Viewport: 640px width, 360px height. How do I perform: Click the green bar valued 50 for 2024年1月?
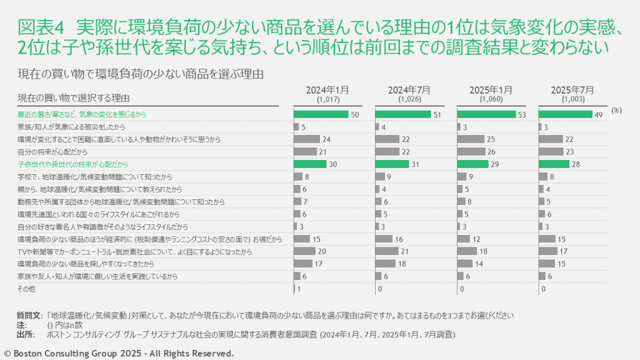point(321,114)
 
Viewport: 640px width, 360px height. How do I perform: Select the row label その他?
point(26,289)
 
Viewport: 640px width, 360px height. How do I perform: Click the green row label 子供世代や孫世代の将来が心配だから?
point(72,164)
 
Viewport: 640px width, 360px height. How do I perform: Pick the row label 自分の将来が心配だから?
point(52,152)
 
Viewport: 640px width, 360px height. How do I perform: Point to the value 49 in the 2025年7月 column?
point(599,115)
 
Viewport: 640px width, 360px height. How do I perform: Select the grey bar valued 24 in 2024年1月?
point(307,139)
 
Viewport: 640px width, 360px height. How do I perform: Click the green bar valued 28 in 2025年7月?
point(554,164)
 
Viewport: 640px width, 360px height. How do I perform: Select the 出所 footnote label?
point(25,335)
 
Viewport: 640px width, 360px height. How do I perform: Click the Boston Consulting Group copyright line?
point(119,354)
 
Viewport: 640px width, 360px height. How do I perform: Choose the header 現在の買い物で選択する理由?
point(73,98)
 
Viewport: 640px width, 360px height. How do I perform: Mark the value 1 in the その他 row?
point(299,289)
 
